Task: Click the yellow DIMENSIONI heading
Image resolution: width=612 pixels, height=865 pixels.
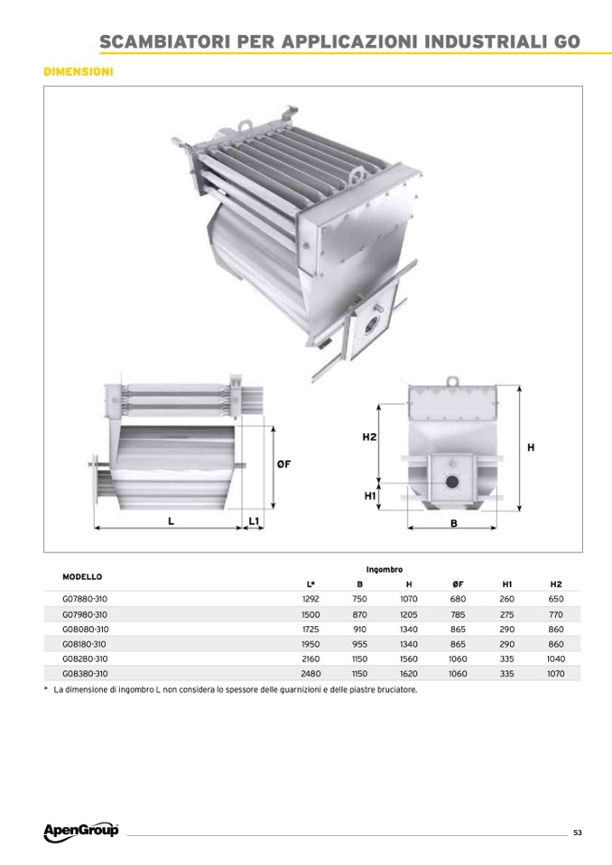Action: coord(78,72)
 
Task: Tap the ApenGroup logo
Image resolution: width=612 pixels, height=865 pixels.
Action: coord(81,831)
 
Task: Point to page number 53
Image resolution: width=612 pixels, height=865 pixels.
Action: coord(577,833)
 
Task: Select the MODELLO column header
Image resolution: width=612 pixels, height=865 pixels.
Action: coord(82,577)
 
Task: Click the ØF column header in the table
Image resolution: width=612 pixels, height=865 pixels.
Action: coord(458,584)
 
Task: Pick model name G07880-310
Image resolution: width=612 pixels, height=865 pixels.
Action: coord(85,599)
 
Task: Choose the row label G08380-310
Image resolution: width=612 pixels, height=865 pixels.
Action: coord(85,674)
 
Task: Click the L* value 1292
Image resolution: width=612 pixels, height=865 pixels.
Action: coord(311,599)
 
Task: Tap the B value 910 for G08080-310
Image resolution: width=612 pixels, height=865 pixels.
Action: coord(359,629)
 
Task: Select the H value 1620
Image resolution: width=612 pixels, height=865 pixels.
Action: coord(409,674)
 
